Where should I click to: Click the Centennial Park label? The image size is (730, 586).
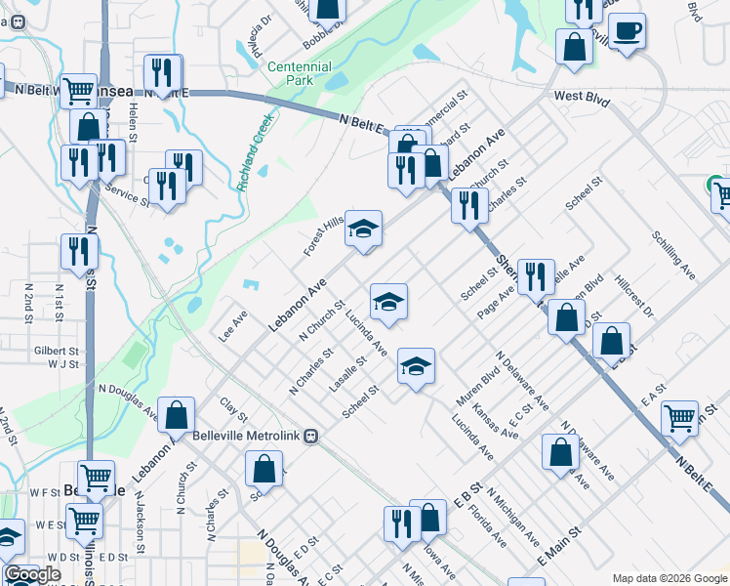tap(300, 74)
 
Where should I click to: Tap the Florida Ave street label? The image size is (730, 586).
tap(486, 523)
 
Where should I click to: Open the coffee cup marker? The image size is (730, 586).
tap(627, 31)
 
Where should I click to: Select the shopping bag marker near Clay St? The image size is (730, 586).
tap(177, 414)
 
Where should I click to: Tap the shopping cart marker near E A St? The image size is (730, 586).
tap(680, 418)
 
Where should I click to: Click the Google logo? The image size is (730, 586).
tap(33, 574)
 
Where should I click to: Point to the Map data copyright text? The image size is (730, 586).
tap(669, 578)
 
